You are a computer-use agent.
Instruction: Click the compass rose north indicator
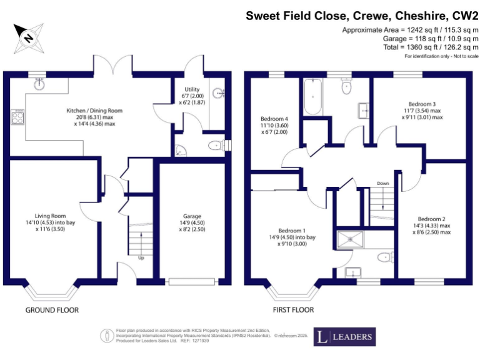[x=29, y=36]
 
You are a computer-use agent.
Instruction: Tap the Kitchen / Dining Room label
[x=94, y=111]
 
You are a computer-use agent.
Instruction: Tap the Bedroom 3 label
[x=422, y=104]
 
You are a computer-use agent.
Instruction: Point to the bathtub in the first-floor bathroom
[x=311, y=98]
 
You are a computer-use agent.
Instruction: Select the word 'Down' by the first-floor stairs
[x=383, y=183]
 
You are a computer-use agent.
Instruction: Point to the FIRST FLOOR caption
[x=292, y=310]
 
